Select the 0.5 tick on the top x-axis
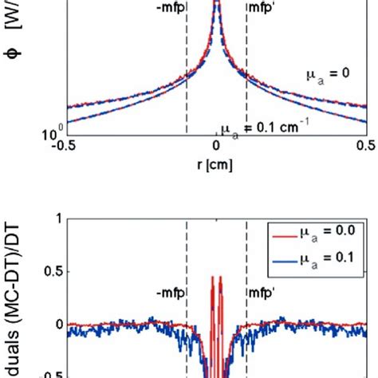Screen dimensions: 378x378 (x=365, y=146)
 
